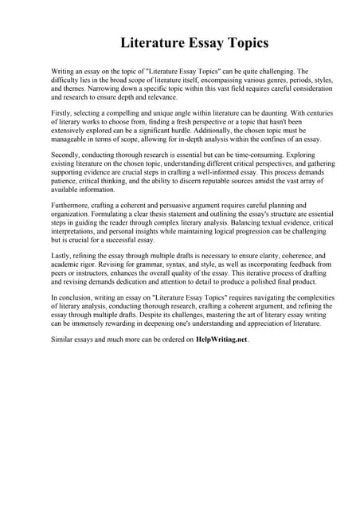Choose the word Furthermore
(x=71, y=205)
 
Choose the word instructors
(x=90, y=273)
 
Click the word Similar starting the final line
(x=63, y=339)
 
